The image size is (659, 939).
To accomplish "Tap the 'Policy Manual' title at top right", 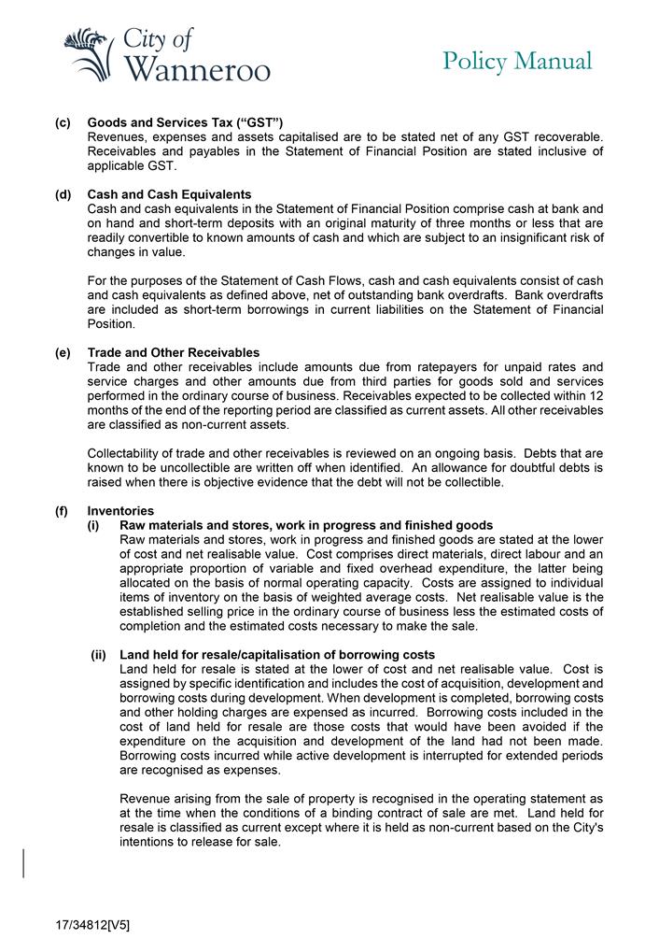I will coord(517,61).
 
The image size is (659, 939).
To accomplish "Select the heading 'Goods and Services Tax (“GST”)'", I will coord(185,123).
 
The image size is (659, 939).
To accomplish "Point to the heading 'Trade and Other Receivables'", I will coord(173,352).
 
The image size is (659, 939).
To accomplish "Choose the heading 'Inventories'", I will coord(120,511).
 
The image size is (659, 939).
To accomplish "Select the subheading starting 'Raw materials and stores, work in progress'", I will coord(306,526).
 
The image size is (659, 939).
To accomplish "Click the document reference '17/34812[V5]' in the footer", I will coord(91,925).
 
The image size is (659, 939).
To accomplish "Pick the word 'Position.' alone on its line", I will coord(111,325).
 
